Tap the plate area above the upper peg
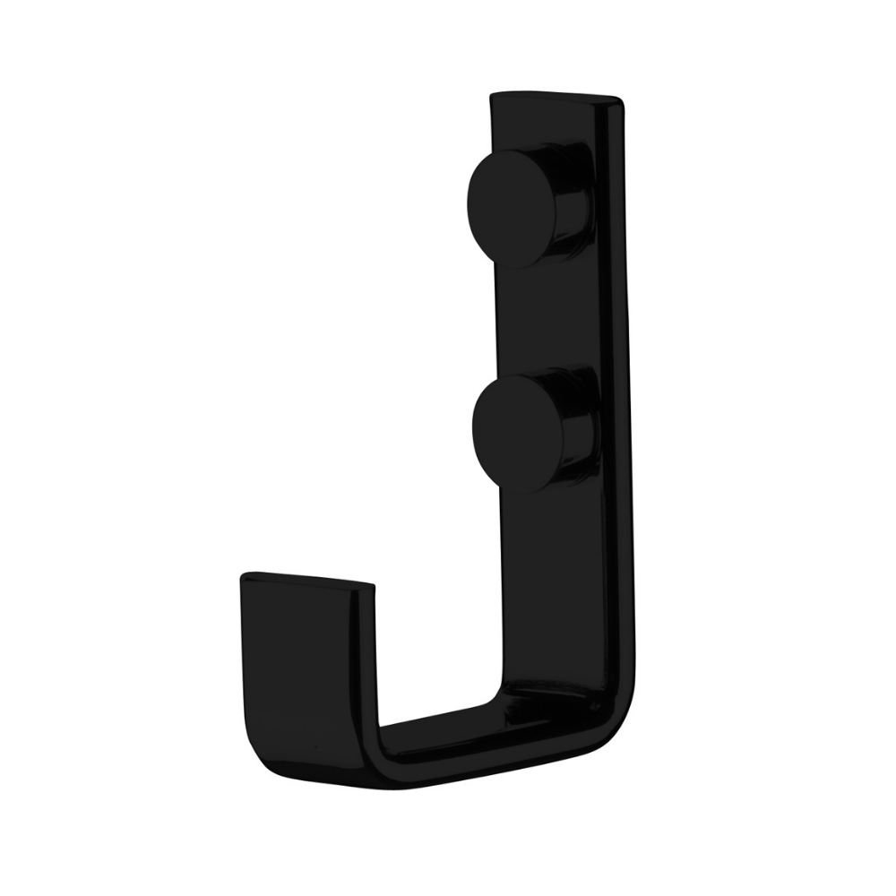[x=538, y=121]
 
